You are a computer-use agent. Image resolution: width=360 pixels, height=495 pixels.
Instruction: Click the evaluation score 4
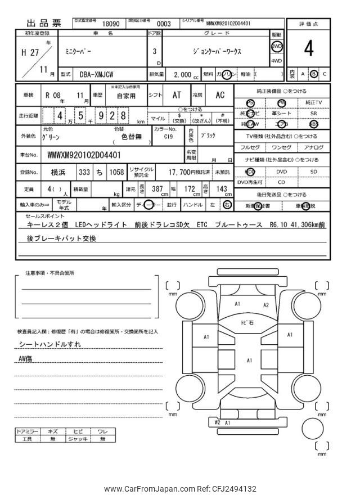(309, 49)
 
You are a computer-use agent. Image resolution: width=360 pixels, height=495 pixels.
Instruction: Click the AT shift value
(176, 95)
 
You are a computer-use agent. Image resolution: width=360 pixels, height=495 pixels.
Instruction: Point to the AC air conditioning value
(220, 95)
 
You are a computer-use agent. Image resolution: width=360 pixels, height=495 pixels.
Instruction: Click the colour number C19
(169, 136)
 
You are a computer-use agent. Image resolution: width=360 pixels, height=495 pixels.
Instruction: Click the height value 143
(222, 189)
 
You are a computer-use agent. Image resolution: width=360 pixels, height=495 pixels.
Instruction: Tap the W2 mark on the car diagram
(217, 421)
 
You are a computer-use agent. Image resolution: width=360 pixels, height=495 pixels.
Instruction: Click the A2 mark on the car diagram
(266, 305)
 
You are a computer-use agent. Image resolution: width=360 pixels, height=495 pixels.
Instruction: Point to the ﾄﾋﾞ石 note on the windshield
(247, 322)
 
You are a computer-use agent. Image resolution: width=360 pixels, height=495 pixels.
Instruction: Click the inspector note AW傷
(26, 357)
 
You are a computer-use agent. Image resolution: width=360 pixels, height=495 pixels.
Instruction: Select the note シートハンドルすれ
(49, 343)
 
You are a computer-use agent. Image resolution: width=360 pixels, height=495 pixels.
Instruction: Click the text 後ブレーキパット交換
(62, 238)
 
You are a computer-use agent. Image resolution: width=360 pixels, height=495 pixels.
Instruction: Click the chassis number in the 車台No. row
(84, 154)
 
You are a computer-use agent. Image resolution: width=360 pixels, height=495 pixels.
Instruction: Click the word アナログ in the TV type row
(313, 147)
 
